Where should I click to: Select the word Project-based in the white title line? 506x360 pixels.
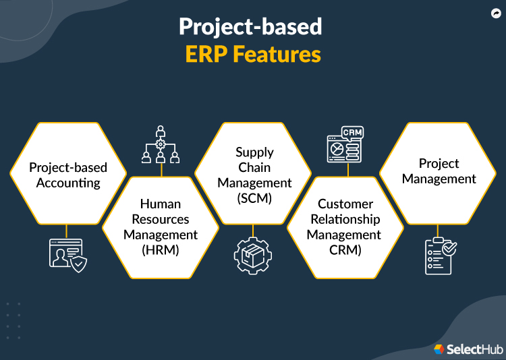[250, 26]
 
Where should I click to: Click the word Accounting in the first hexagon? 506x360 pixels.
[68, 183]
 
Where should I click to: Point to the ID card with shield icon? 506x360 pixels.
[67, 256]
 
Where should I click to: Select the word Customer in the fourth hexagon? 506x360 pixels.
[345, 204]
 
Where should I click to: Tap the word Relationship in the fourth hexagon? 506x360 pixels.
[345, 219]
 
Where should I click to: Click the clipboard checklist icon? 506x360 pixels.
[439, 256]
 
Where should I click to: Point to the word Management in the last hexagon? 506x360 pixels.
[439, 179]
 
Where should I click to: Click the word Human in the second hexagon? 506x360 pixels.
[160, 203]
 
